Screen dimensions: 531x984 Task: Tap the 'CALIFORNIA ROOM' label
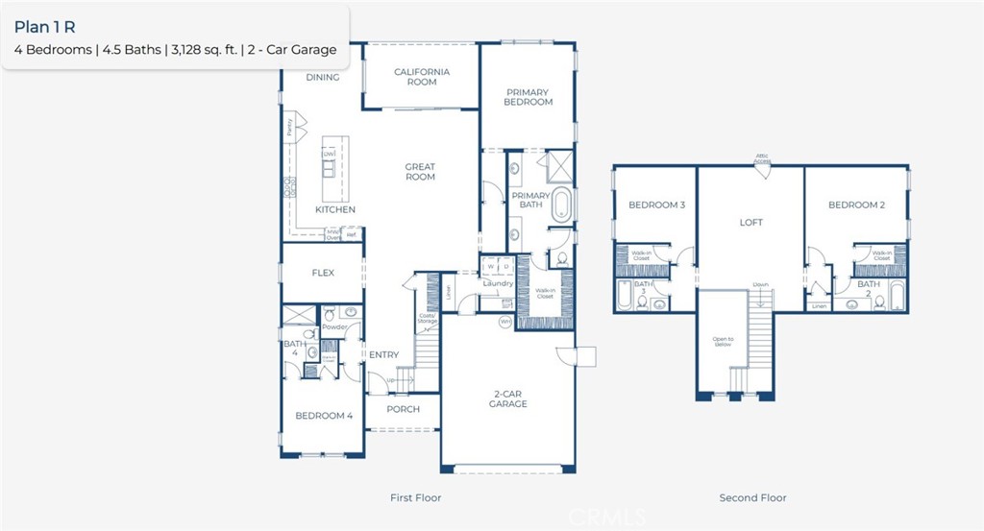click(x=422, y=77)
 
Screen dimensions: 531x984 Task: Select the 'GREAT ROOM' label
click(x=420, y=172)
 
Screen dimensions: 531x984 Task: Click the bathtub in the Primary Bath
click(x=561, y=204)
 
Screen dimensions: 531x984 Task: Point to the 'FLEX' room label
click(x=323, y=273)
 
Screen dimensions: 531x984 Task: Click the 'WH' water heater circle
click(x=504, y=323)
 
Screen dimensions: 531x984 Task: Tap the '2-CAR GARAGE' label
click(x=507, y=398)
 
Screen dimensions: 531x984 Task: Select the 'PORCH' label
click(x=403, y=409)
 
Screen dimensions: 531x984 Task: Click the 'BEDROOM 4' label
click(x=324, y=416)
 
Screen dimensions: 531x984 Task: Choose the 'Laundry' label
click(x=499, y=283)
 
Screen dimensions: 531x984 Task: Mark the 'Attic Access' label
click(x=761, y=159)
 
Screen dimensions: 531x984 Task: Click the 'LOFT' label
click(x=750, y=223)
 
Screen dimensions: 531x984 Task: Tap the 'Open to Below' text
click(x=723, y=341)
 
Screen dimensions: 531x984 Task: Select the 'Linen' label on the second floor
click(x=818, y=306)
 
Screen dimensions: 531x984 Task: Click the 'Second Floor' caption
click(x=752, y=497)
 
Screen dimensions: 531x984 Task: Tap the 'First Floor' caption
click(x=415, y=497)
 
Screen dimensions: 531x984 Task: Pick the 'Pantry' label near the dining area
click(x=287, y=125)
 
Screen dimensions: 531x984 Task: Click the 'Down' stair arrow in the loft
click(x=760, y=285)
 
